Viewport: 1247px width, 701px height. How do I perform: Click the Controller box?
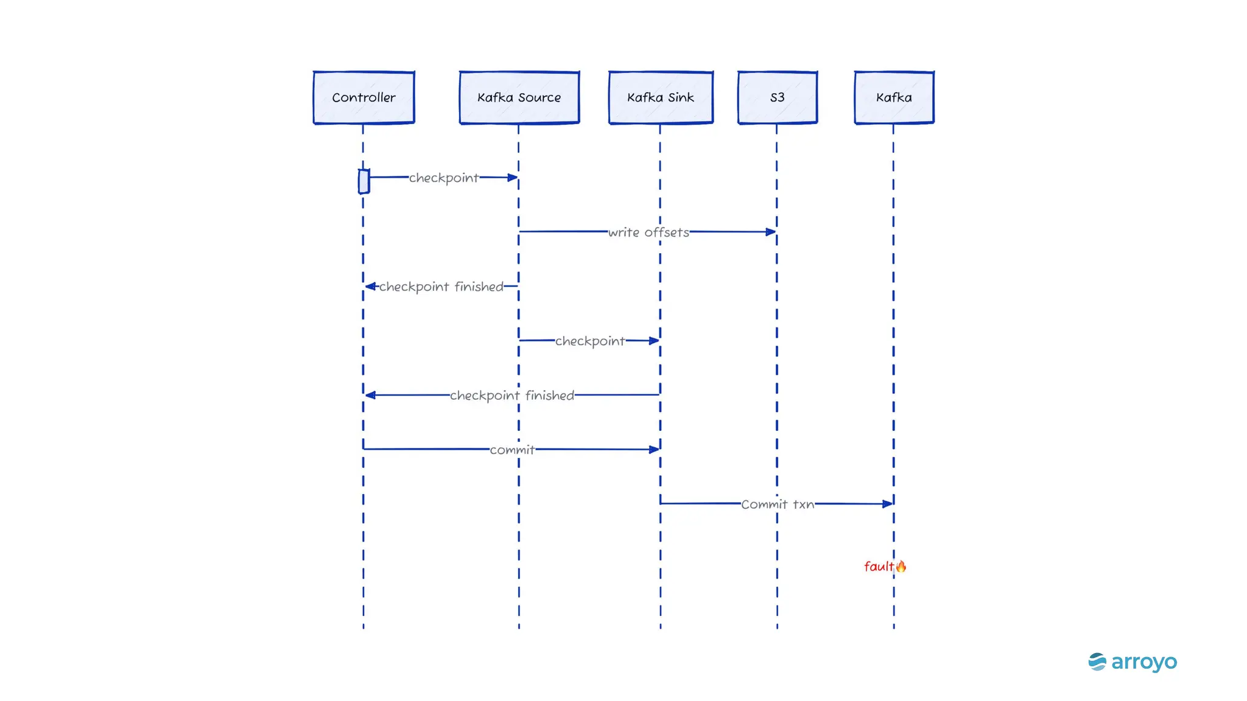tap(364, 97)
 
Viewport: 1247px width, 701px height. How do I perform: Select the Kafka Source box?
tap(519, 97)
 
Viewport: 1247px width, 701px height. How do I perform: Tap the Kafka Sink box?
tap(661, 97)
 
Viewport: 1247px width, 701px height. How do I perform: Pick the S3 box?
tap(777, 97)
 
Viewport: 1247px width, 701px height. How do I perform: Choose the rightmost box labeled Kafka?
tap(894, 97)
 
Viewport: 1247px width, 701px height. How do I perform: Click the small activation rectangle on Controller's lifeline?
tap(364, 181)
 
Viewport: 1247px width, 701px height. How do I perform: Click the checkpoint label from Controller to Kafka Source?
tap(443, 178)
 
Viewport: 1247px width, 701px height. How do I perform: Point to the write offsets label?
tap(648, 232)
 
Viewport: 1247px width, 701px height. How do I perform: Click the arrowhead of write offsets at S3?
tap(771, 232)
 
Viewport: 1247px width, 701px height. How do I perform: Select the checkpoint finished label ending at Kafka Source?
tap(441, 286)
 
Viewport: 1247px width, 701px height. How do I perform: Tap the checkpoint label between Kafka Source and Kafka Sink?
tap(589, 341)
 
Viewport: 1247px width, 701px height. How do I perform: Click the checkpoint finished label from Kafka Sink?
tap(511, 396)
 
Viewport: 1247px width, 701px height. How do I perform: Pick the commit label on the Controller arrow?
tap(512, 450)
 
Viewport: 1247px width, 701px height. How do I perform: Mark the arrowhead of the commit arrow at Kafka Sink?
tap(654, 450)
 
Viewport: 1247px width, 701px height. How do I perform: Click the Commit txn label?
tap(777, 504)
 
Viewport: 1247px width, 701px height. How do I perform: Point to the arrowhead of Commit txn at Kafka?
tap(888, 504)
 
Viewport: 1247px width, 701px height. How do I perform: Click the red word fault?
tap(878, 567)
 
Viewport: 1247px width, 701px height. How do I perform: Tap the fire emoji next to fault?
tap(901, 567)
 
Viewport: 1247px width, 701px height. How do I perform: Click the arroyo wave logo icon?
tap(1097, 661)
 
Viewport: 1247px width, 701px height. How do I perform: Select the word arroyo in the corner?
tap(1143, 662)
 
